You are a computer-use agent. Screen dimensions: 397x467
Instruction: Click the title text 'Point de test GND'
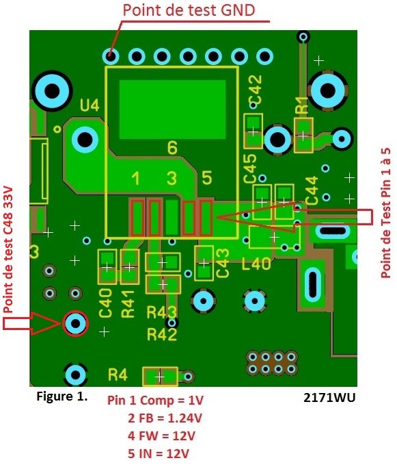pos(189,10)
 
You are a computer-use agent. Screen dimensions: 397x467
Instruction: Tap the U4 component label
pos(90,105)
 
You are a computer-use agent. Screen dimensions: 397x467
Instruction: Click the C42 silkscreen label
pos(256,89)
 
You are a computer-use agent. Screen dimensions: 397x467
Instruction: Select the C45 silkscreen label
pos(249,168)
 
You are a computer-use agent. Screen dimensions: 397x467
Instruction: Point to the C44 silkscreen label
pos(312,190)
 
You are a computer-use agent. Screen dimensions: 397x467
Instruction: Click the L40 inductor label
pos(256,264)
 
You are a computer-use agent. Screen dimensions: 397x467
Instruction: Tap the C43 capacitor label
pos(223,263)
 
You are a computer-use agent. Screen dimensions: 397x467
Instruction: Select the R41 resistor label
pos(128,304)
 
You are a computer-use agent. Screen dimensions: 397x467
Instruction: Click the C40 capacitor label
pos(105,303)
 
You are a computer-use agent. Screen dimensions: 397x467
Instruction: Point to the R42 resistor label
pos(162,335)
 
